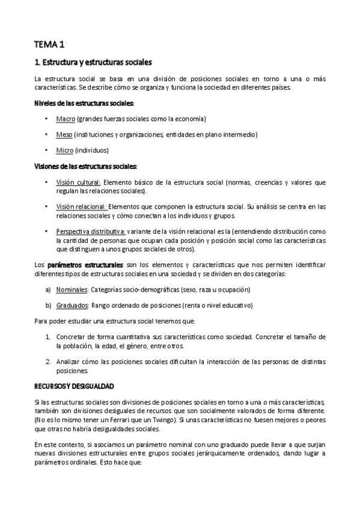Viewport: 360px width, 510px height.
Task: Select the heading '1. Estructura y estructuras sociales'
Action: coord(93,62)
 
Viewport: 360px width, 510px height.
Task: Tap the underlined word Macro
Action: coord(66,119)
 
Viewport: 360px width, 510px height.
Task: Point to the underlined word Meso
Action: coord(65,135)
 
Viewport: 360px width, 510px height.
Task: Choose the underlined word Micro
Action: coord(65,150)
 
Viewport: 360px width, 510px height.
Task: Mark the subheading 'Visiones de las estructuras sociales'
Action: coord(86,166)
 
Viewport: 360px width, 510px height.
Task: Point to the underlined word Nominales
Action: coord(72,290)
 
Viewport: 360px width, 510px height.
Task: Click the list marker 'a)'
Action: coord(48,290)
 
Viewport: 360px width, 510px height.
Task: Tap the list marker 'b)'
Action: coord(48,306)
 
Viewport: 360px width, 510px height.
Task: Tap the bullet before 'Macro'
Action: coord(47,119)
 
